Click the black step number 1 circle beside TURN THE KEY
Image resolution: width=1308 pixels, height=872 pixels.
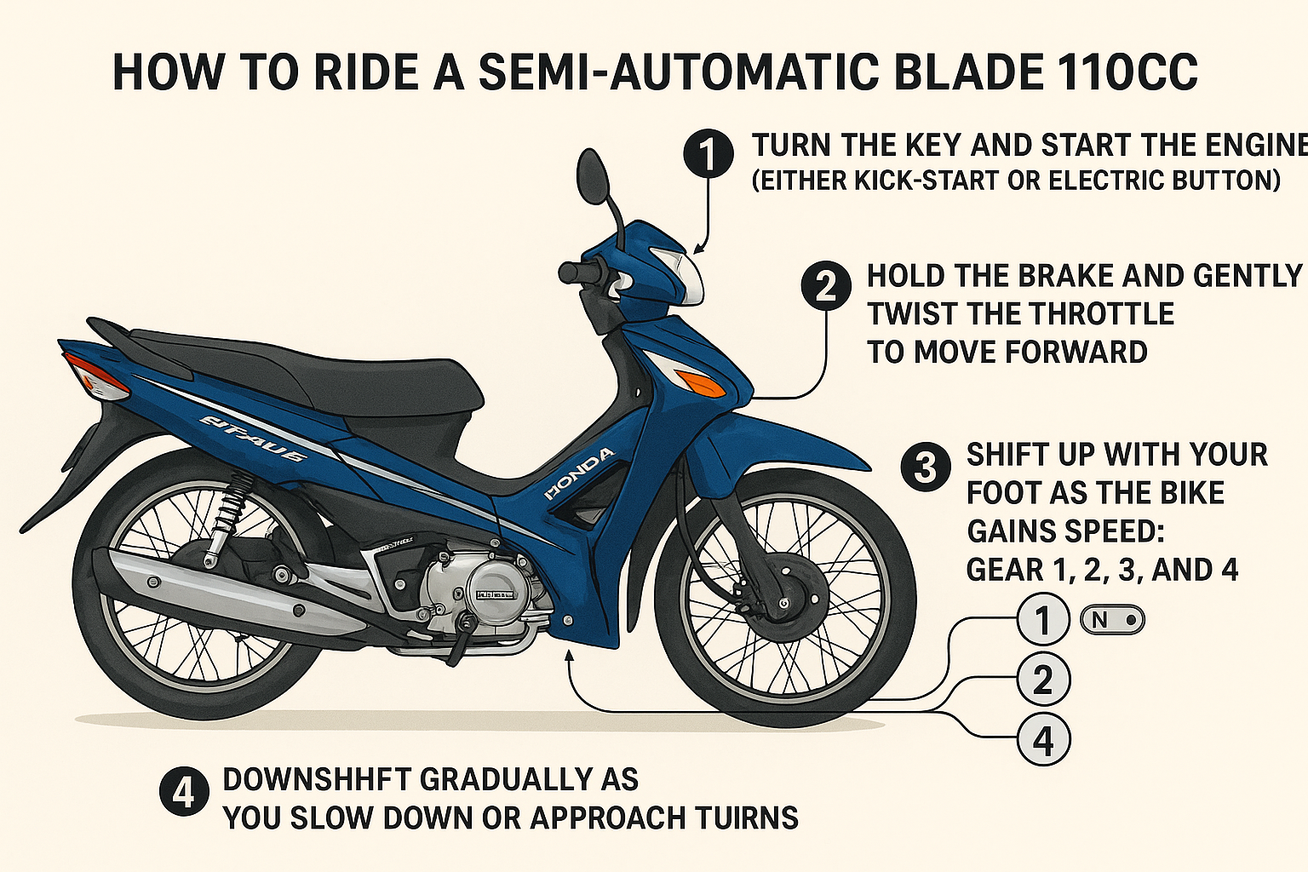[x=708, y=154]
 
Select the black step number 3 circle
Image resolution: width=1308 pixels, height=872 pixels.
[x=925, y=467]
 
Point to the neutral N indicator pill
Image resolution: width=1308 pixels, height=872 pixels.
[x=1111, y=620]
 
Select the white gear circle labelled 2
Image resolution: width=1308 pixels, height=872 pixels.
[x=1043, y=680]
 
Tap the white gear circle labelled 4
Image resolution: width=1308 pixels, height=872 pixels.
[x=1043, y=740]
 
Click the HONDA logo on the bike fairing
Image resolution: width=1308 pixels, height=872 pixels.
[x=578, y=473]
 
